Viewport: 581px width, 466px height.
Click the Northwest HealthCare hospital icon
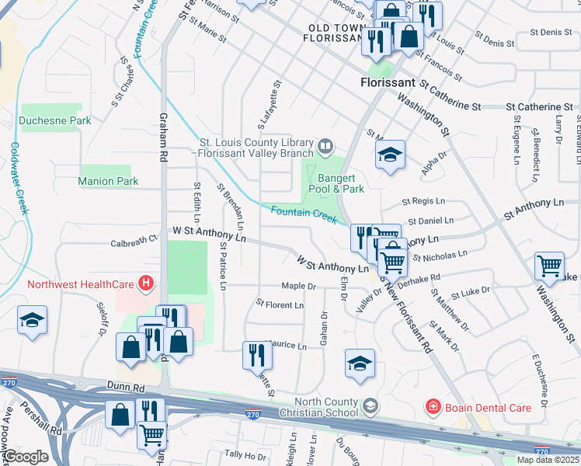(x=145, y=284)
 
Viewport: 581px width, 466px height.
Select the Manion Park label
(x=108, y=181)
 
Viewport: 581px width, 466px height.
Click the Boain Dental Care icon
(x=432, y=406)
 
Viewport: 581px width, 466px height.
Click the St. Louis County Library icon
(x=326, y=144)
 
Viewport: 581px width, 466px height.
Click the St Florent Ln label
(x=280, y=305)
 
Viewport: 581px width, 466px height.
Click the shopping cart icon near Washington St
(x=549, y=266)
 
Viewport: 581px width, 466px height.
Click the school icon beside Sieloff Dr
(x=33, y=322)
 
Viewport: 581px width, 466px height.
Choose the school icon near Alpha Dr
(x=390, y=154)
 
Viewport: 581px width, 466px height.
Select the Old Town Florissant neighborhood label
(x=336, y=33)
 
